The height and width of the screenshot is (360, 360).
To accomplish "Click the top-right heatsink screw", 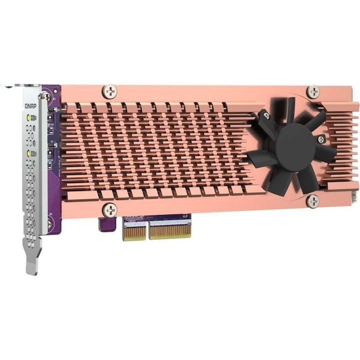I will tap(313, 91).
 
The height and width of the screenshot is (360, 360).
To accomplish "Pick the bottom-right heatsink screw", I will tap(313, 201).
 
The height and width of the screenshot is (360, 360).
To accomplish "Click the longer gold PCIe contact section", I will tap(170, 230).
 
